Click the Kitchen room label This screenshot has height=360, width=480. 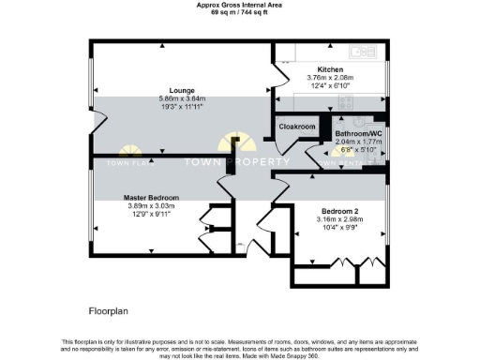329,70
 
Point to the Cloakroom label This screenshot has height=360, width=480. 296,126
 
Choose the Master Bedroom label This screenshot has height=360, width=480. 152,199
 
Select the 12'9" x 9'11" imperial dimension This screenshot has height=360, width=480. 152,215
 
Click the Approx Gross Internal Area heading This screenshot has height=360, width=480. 240,4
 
